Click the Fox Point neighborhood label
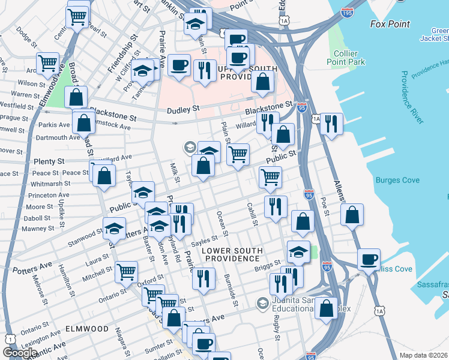[x=390, y=25]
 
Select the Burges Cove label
[x=397, y=180]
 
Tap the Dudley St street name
[x=182, y=110]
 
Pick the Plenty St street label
[x=49, y=162]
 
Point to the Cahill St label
[x=252, y=214]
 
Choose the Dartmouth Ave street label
[x=58, y=137]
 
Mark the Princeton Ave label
[x=49, y=196]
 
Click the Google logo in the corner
[x=20, y=352]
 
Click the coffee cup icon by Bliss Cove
[x=369, y=259]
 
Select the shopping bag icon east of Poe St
[x=352, y=214]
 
